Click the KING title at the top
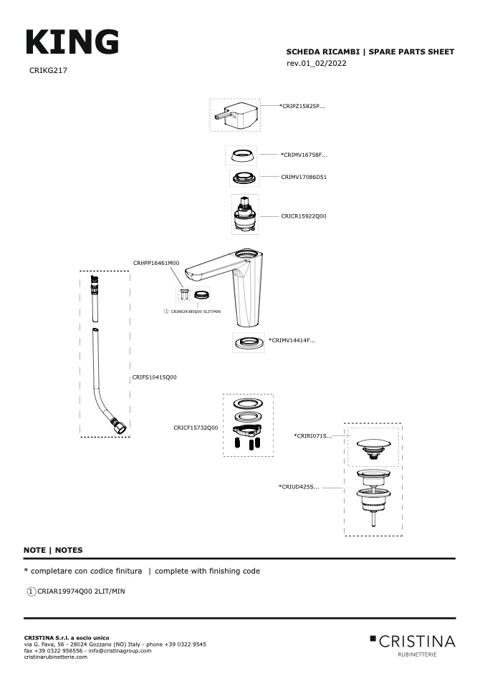[72, 42]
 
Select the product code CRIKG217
[49, 71]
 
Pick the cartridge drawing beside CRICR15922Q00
[245, 215]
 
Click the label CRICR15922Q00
[304, 216]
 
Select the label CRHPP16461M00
[156, 264]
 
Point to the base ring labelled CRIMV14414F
[245, 342]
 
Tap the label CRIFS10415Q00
[154, 377]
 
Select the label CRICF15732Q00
[196, 427]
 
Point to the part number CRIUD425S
[299, 487]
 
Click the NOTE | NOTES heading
[53, 550]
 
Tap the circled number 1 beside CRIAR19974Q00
[31, 591]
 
